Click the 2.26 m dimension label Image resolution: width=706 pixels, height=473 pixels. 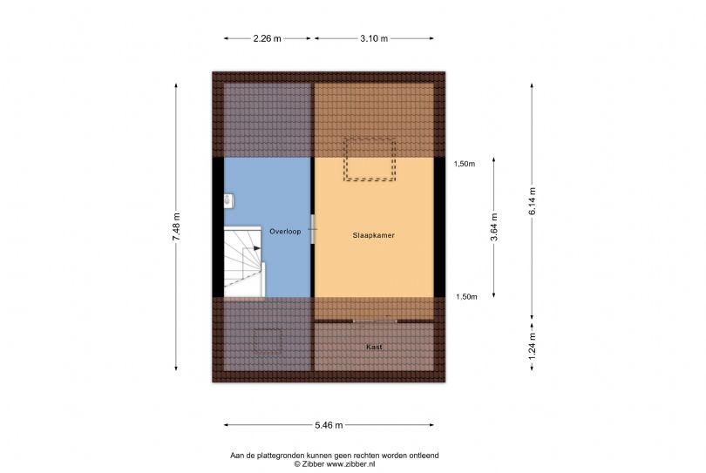point(267,38)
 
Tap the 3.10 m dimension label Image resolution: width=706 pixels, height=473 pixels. point(374,38)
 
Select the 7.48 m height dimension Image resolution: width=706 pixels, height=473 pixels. point(176,226)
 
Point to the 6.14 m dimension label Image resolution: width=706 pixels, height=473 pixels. point(533,200)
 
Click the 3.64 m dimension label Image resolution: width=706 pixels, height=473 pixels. point(494,226)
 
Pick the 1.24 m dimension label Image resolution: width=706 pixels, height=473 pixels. point(533,346)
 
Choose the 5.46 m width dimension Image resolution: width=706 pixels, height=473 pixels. point(329,425)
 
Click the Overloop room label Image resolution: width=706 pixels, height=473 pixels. point(285,232)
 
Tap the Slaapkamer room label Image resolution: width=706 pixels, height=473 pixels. point(373,235)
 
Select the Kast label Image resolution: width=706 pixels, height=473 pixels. point(374,347)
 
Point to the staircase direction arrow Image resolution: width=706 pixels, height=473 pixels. point(256,248)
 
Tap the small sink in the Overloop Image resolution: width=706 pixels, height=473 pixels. point(228,200)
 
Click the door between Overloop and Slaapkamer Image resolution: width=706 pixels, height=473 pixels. point(313,229)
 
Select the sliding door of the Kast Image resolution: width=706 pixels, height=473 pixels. point(375,321)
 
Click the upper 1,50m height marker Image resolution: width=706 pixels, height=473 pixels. point(465,165)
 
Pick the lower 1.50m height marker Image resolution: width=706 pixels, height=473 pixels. point(466,297)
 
